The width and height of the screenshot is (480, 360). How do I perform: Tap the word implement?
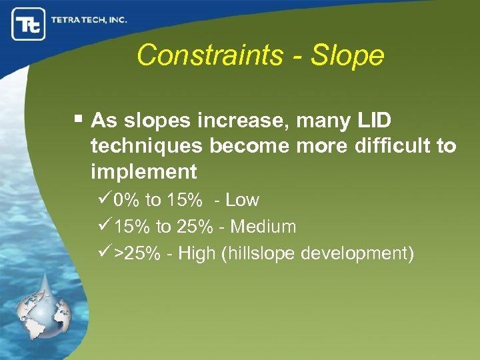tap(144, 172)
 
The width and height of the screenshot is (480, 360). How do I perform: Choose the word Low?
tap(242, 200)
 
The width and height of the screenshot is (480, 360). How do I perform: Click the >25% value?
tap(137, 254)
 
